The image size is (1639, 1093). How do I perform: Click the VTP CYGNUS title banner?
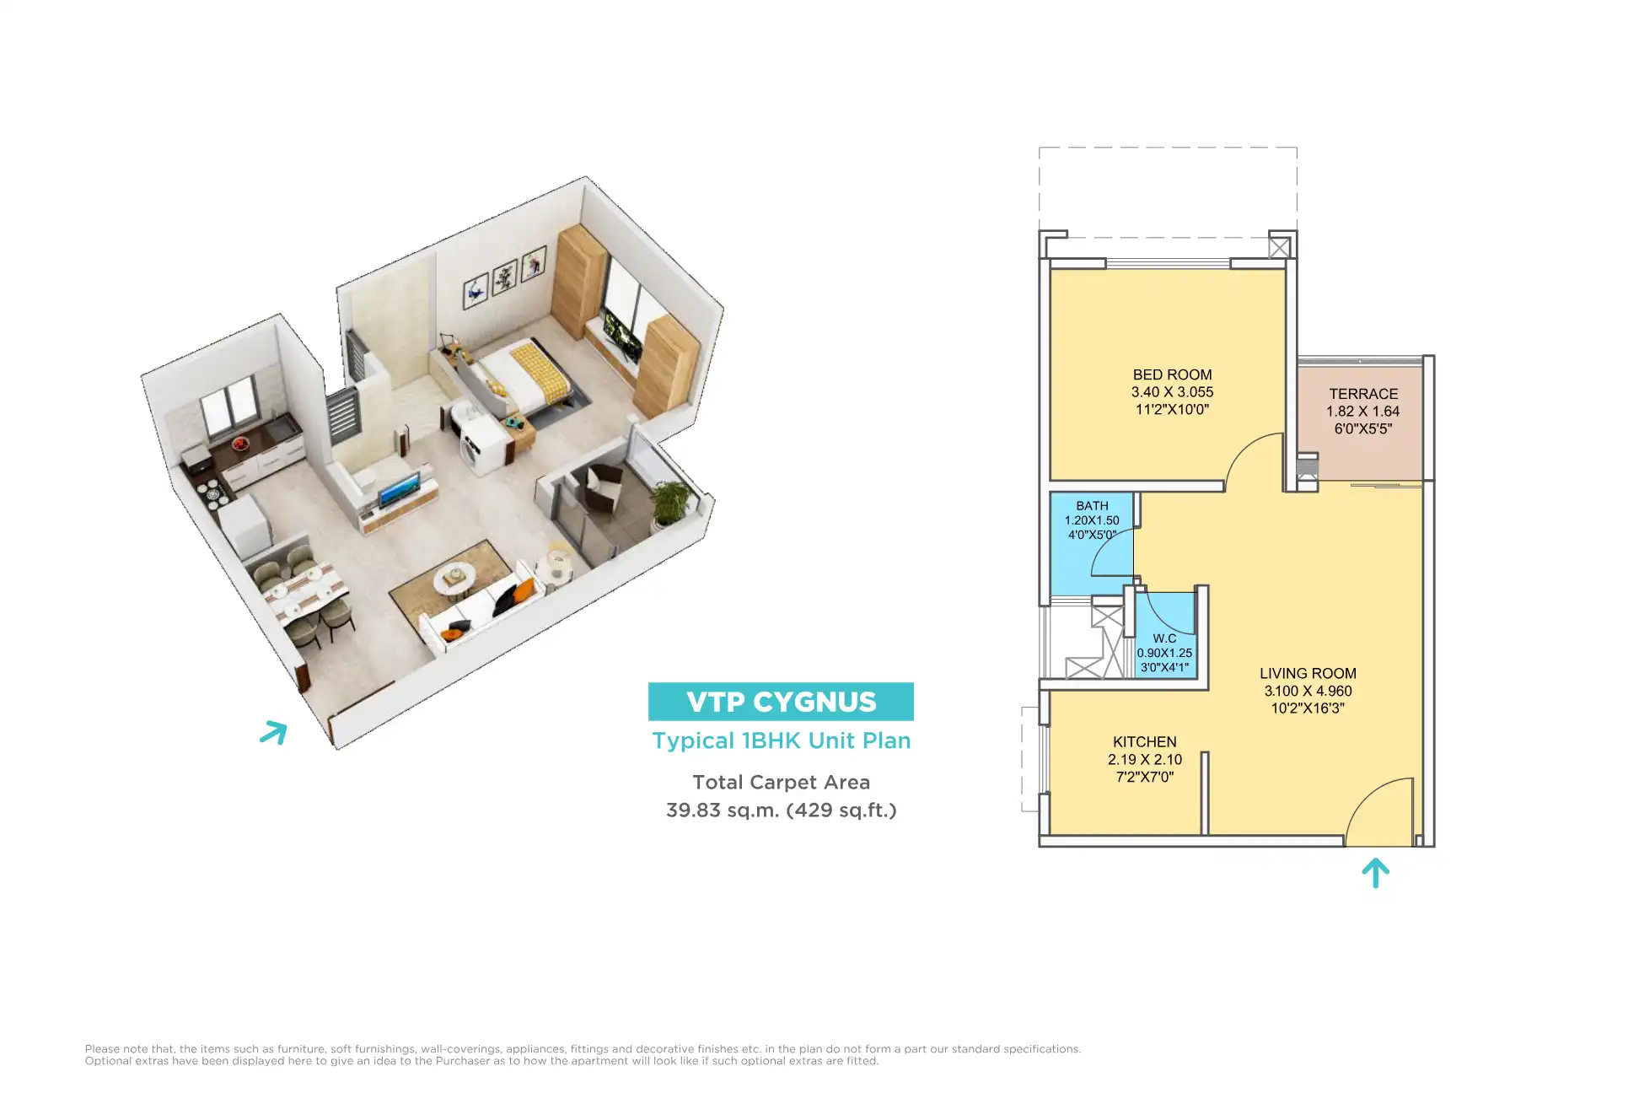781,702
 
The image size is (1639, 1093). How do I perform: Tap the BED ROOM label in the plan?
1172,374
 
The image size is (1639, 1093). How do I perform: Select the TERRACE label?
1363,394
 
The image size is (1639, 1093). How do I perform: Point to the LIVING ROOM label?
1308,673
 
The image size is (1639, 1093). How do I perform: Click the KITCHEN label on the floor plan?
1144,742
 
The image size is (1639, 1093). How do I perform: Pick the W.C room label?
1164,638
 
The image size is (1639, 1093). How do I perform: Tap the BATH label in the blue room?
1092,506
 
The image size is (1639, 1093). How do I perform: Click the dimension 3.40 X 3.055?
1172,392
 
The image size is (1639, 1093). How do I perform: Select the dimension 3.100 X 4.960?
1308,691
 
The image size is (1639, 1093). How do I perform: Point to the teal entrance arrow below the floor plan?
1375,873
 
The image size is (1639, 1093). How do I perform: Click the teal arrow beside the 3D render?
274,732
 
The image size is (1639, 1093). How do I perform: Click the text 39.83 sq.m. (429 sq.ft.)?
781,810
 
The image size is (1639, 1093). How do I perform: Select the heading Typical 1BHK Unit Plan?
781,740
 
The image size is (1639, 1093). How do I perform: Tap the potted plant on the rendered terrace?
672,502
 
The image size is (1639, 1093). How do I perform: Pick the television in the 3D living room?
398,490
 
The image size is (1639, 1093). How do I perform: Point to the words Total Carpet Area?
781,783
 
